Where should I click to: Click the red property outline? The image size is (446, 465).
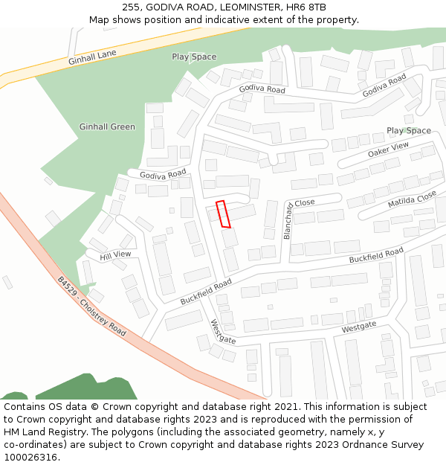(223, 214)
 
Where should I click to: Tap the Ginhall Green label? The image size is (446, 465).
(107, 126)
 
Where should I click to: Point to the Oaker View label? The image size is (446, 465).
(388, 150)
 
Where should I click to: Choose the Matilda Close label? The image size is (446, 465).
(412, 199)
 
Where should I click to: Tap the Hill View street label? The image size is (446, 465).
(115, 254)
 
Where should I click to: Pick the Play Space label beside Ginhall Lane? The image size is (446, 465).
(194, 57)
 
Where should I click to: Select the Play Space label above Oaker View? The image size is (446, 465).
(408, 131)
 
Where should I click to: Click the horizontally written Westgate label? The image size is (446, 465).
(359, 327)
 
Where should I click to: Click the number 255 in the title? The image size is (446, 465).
(132, 7)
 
